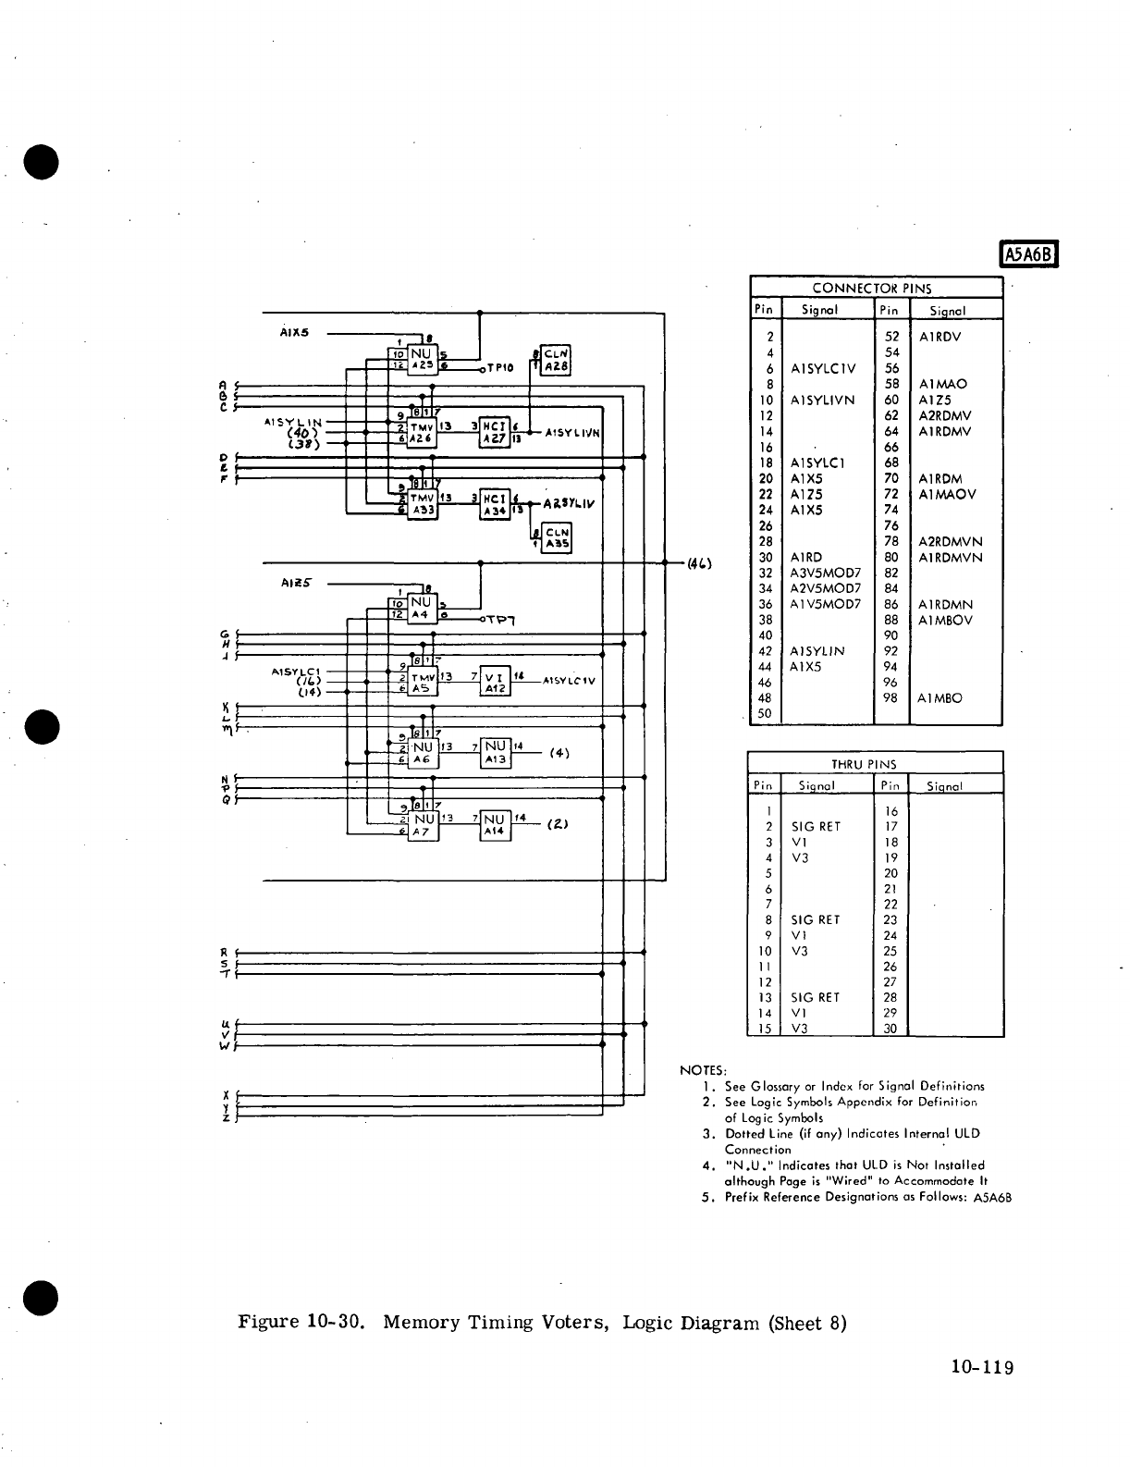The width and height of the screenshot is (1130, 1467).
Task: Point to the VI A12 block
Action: [x=495, y=681]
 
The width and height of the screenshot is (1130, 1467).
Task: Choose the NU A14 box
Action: [x=495, y=825]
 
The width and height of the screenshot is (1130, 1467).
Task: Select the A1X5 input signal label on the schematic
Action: [x=294, y=332]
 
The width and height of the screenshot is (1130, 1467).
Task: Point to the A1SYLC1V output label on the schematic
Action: [x=570, y=681]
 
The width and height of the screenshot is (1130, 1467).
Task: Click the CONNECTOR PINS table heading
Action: [x=872, y=288]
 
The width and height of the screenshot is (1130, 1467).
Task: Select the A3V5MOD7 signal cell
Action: [x=825, y=573]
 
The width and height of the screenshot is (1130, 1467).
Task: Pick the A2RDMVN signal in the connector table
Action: [x=950, y=541]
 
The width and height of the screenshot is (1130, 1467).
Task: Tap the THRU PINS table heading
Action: [x=873, y=764]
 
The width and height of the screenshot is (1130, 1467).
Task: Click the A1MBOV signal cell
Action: [x=945, y=620]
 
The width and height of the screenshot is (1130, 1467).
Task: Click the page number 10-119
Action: [x=981, y=1367]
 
